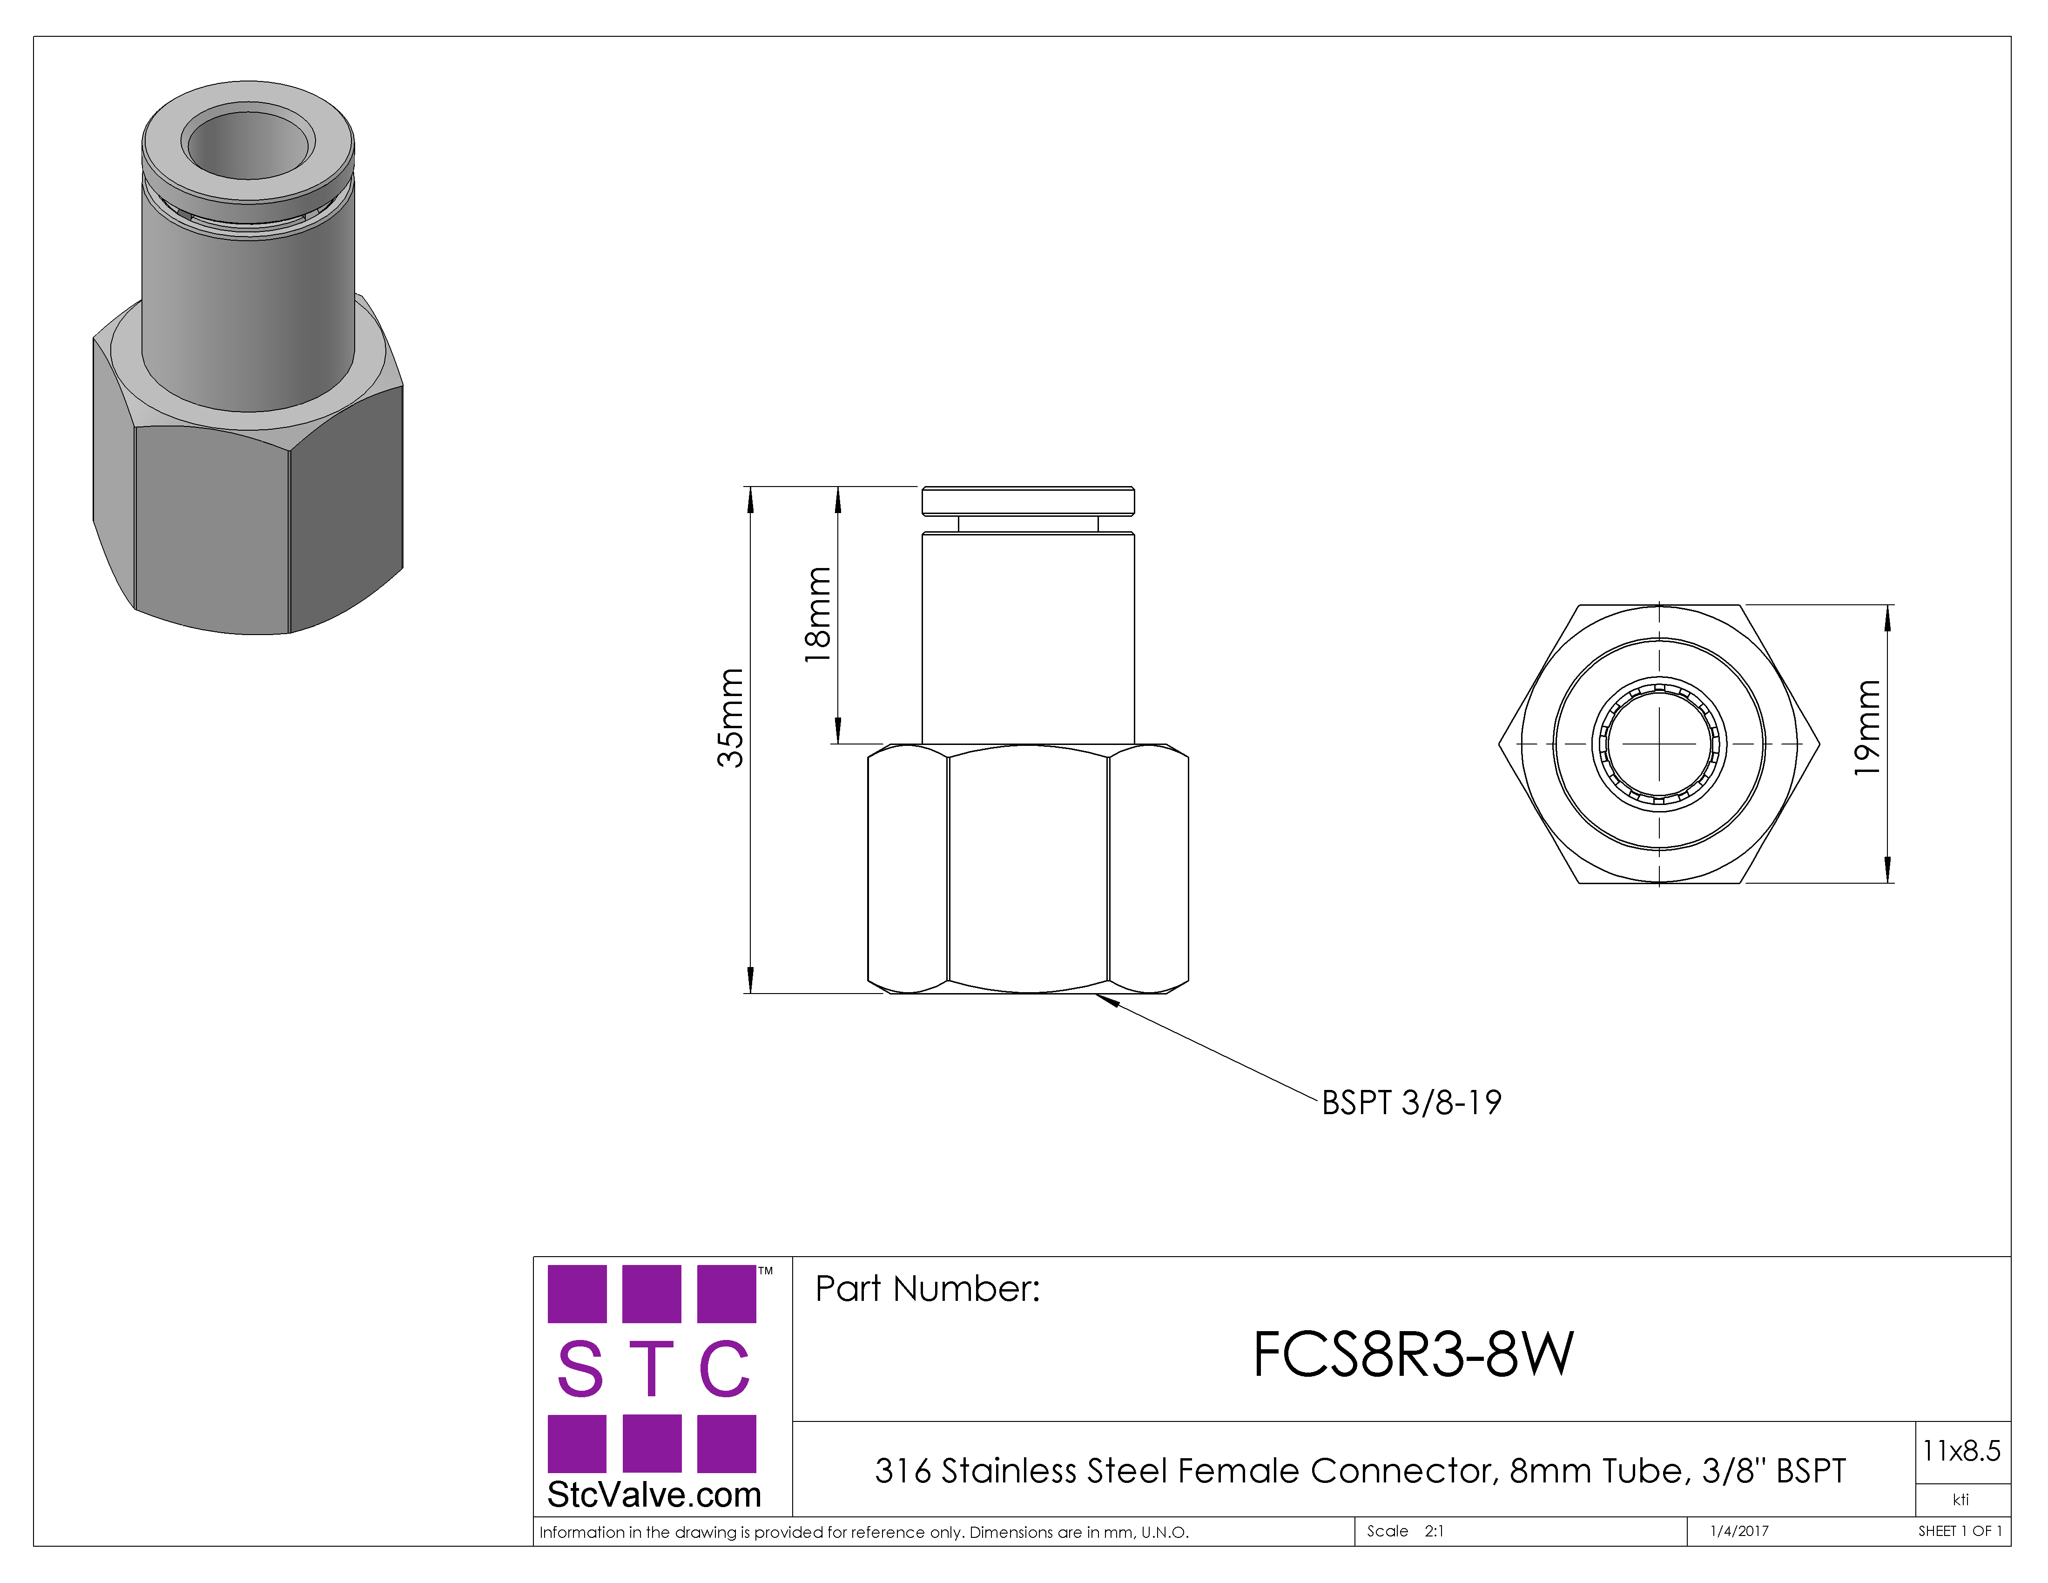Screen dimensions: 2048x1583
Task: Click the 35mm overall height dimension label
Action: click(x=730, y=717)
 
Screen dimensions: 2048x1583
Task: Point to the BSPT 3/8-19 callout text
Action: click(x=1411, y=1103)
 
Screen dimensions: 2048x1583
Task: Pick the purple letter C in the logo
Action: click(x=725, y=1368)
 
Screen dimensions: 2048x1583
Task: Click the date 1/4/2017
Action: click(x=1739, y=1531)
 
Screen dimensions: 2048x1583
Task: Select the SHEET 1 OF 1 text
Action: click(x=1960, y=1531)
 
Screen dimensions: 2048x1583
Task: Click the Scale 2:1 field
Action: click(x=1405, y=1531)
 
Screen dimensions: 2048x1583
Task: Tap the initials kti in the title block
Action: click(x=1961, y=1500)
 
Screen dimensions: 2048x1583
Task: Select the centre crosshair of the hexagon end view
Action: click(x=1660, y=744)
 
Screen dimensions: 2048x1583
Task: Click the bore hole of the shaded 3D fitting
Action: click(x=249, y=143)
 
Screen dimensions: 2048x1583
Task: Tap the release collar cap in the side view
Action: click(x=1028, y=501)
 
